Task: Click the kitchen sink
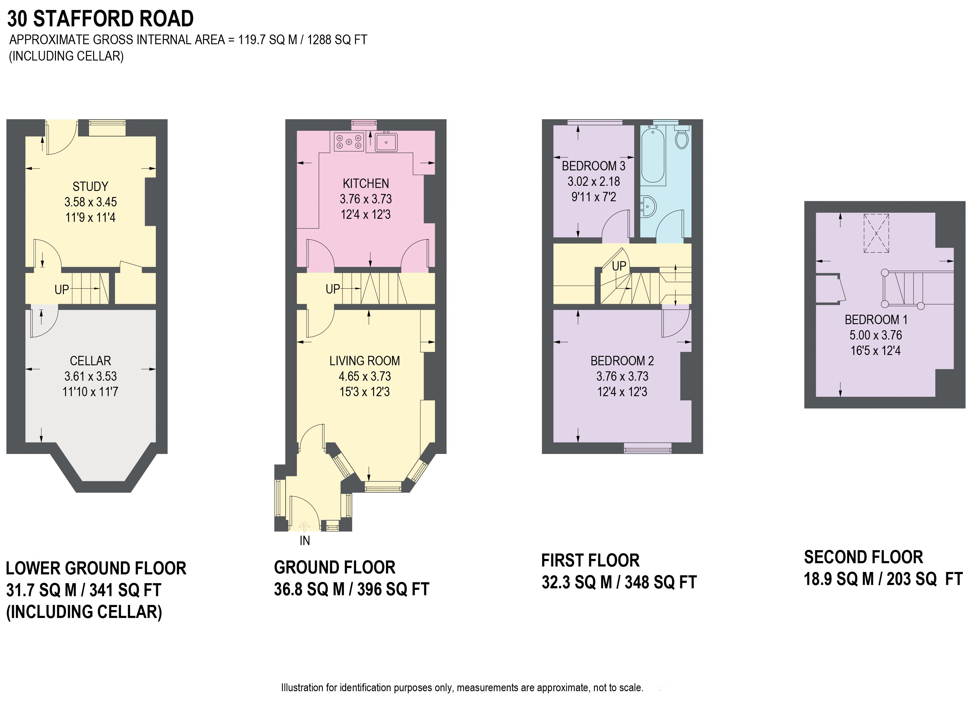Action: [x=386, y=142]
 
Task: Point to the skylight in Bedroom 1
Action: [x=876, y=234]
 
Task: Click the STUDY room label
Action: [x=90, y=186]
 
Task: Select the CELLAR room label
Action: [x=90, y=361]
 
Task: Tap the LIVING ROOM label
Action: [x=365, y=361]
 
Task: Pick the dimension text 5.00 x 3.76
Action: [x=876, y=335]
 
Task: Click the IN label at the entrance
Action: [x=305, y=541]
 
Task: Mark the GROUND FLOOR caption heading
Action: [x=335, y=567]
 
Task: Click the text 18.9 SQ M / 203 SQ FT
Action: [x=883, y=579]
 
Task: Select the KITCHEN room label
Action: [x=366, y=183]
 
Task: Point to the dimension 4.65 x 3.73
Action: [x=365, y=376]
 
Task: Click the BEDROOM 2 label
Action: [x=622, y=361]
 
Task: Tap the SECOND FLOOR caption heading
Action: [x=863, y=557]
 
